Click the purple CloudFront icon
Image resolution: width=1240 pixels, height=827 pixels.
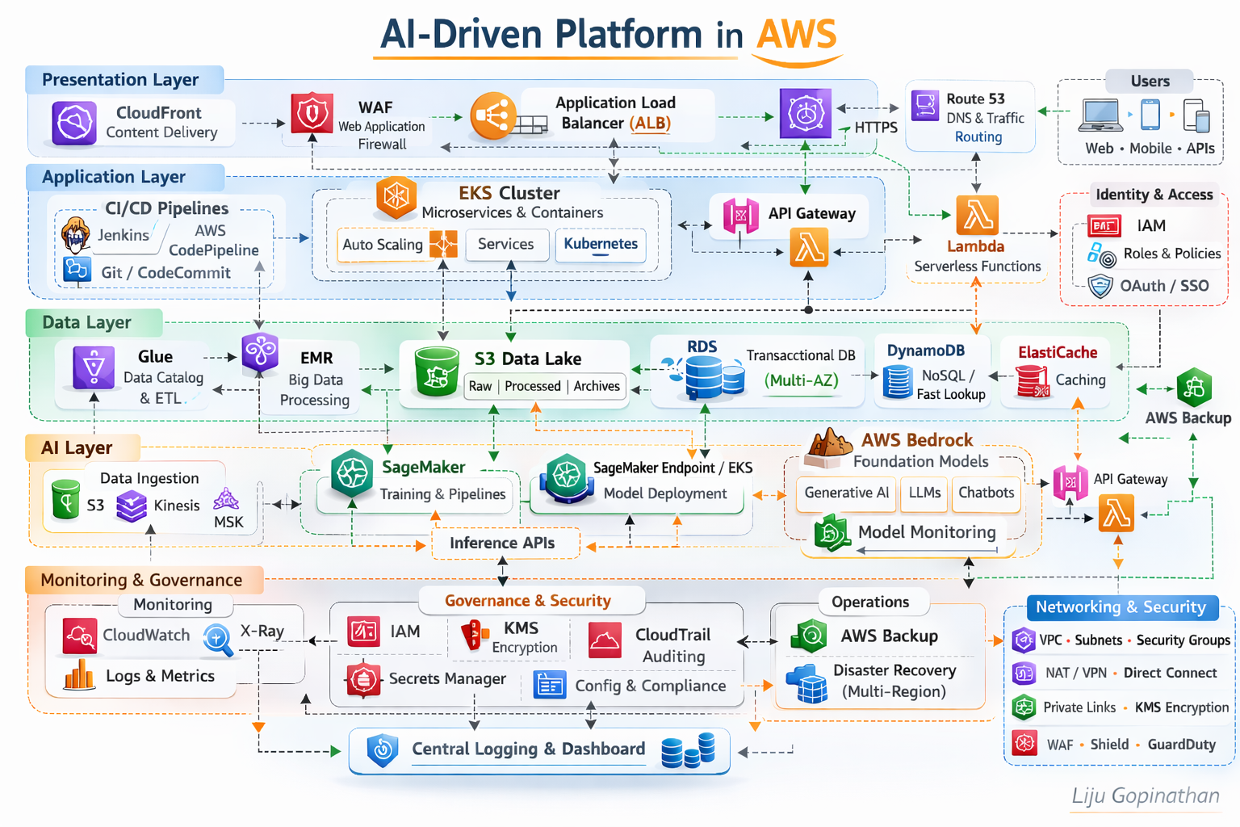pyautogui.click(x=74, y=123)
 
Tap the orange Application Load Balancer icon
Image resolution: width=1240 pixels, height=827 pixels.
pyautogui.click(x=492, y=115)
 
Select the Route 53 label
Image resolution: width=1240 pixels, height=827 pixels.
pyautogui.click(x=975, y=99)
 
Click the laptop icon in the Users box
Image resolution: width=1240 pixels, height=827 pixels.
pyautogui.click(x=1100, y=115)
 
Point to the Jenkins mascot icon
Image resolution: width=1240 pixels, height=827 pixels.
pyautogui.click(x=76, y=235)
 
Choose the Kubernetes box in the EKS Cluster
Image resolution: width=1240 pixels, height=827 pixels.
pyautogui.click(x=601, y=245)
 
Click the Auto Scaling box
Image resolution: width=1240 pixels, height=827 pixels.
pyautogui.click(x=383, y=245)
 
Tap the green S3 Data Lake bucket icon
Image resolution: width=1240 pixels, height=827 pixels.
pyautogui.click(x=437, y=371)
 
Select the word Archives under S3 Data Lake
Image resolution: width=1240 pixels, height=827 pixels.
pyautogui.click(x=597, y=386)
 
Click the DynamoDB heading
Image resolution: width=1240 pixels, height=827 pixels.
pyautogui.click(x=926, y=351)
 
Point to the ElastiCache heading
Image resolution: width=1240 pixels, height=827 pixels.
pyautogui.click(x=1058, y=352)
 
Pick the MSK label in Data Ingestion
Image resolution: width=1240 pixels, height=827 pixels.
pyautogui.click(x=228, y=522)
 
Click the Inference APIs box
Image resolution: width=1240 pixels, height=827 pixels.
pyautogui.click(x=502, y=543)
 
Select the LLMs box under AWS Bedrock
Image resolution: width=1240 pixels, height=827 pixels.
pyautogui.click(x=924, y=493)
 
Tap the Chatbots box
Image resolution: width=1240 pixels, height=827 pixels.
pyautogui.click(x=986, y=493)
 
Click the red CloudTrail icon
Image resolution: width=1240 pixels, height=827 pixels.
pyautogui.click(x=605, y=640)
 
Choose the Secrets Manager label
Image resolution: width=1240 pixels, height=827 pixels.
pyautogui.click(x=447, y=678)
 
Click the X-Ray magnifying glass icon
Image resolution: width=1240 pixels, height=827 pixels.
pyautogui.click(x=218, y=639)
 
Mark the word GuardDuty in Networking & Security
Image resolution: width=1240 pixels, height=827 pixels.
pyautogui.click(x=1181, y=744)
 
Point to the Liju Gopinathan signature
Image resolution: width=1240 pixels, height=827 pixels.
pyautogui.click(x=1145, y=796)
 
